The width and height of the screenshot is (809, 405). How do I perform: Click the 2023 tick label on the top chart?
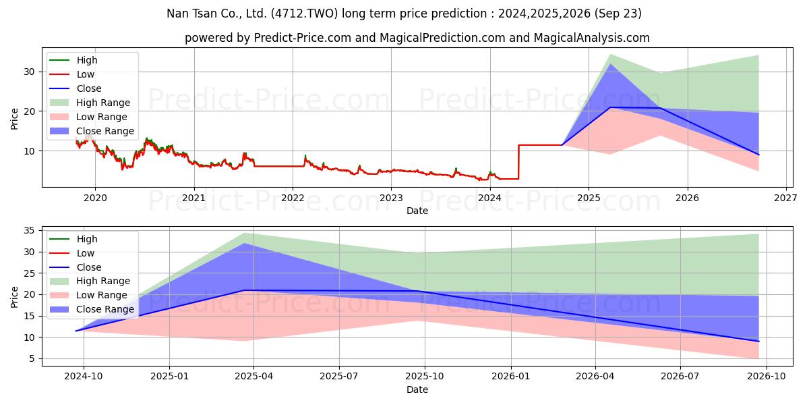[391, 198]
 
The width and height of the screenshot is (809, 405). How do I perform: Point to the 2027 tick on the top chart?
[786, 198]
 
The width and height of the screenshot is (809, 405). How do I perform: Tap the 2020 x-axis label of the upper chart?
[95, 198]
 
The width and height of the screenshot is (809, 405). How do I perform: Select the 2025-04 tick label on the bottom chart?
[253, 377]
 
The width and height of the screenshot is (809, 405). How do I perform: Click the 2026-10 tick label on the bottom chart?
[767, 377]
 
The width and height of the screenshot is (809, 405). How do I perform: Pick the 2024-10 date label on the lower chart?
[84, 377]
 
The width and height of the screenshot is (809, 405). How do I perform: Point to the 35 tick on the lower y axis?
[29, 231]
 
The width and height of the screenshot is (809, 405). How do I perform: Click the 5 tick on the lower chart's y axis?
[32, 358]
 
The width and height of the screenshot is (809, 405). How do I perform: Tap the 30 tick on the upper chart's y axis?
[29, 72]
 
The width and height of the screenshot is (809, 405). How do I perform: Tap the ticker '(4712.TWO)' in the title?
[305, 13]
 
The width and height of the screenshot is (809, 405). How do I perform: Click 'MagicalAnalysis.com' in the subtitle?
[592, 38]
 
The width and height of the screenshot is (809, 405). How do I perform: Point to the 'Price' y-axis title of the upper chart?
[14, 119]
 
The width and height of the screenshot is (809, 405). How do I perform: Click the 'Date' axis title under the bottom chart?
[417, 389]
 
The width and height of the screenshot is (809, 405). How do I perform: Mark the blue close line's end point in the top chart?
[758, 155]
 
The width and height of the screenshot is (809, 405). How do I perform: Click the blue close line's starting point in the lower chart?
[76, 331]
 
